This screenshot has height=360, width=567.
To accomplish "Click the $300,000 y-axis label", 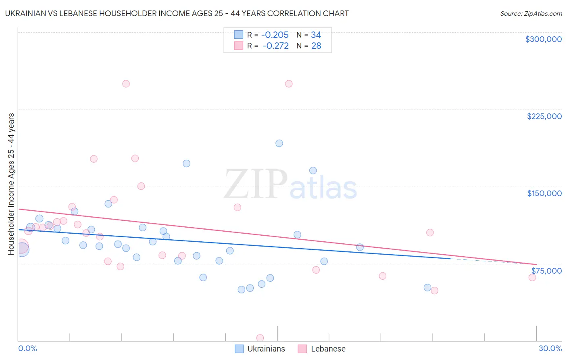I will pos(543,39).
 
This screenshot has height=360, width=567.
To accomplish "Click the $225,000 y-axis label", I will pos(544,116).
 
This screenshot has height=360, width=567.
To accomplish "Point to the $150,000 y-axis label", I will pos(544,193).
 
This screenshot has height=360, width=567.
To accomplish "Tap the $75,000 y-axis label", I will pos(546,270).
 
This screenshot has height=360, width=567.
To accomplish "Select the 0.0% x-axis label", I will pos(28,348).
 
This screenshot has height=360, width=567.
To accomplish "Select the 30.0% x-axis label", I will pos(550,348).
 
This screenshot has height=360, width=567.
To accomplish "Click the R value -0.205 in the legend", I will pos(275,35).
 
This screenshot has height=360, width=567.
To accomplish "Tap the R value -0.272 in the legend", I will pos(275,46).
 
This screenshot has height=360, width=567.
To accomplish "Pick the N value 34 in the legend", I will pos(316,35).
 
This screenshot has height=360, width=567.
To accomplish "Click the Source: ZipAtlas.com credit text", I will pos(531,13).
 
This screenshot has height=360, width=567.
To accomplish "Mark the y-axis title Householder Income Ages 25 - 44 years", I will pos(11,184).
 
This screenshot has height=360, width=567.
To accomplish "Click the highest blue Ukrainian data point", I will pos(279,143).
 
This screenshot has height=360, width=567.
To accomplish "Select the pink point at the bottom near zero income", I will pos(260,338).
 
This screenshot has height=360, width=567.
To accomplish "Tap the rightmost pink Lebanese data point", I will pos(532,277).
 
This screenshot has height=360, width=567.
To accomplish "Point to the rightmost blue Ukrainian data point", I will pos(427,288).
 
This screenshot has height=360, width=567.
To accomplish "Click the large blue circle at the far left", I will pos(22,249).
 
